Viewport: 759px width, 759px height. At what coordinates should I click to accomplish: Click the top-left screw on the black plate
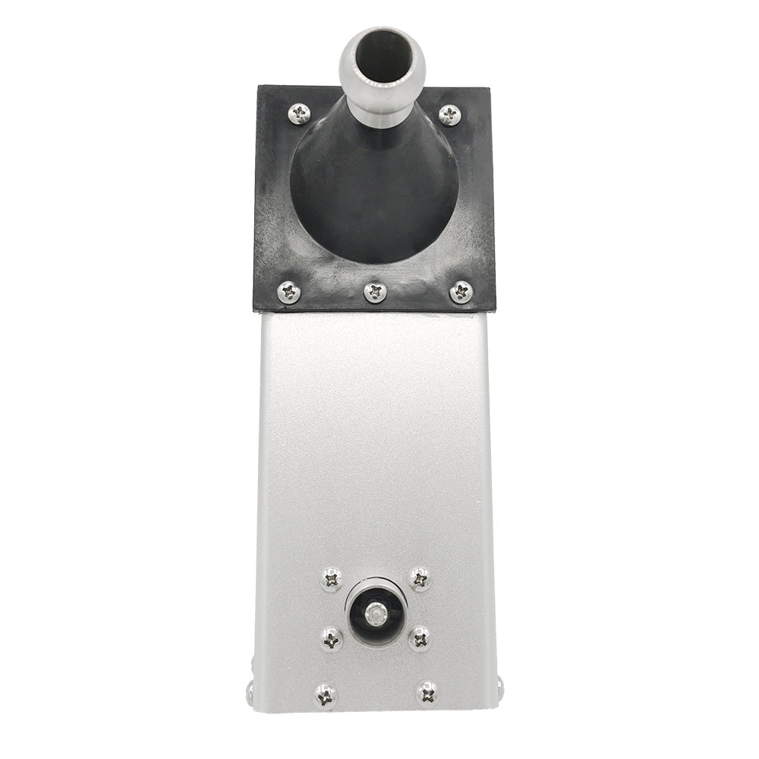(299, 115)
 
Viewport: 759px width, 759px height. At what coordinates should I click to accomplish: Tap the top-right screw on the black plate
(449, 115)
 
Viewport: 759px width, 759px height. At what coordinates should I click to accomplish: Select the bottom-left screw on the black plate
(289, 292)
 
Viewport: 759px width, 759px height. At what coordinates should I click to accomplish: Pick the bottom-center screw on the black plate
(375, 292)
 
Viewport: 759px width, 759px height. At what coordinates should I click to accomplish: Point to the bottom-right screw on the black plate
(461, 292)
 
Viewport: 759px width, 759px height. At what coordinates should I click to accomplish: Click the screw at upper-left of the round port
(332, 580)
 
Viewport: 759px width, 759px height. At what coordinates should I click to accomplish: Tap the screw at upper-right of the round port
(420, 579)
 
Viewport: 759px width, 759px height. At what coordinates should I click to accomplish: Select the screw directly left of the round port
(331, 638)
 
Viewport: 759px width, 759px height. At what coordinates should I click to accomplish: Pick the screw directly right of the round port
(419, 638)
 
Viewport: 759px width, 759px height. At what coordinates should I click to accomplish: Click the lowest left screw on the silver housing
(326, 694)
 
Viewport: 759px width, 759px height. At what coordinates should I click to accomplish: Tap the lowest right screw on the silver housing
(427, 692)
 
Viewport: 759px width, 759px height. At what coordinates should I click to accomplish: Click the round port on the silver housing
(376, 614)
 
